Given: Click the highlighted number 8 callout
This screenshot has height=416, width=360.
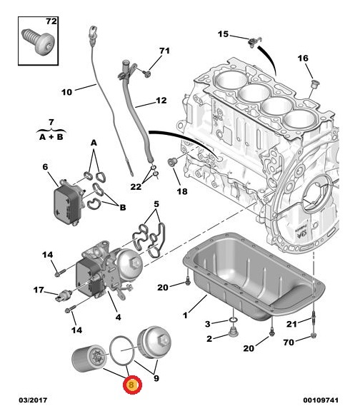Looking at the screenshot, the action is click(132, 385).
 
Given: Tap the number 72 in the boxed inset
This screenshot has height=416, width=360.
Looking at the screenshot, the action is click(51, 21).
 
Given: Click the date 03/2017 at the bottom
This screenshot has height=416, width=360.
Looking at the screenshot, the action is click(33, 400).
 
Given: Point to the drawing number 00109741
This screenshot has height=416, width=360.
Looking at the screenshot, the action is click(321, 400).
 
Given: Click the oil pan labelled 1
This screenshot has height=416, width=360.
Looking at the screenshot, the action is click(254, 276).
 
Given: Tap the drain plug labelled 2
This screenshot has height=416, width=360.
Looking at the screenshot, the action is click(233, 332).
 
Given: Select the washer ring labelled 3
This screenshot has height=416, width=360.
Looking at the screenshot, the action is click(233, 320).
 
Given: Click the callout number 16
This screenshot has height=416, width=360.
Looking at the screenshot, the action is click(303, 58).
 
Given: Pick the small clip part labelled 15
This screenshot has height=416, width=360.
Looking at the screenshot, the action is click(254, 41).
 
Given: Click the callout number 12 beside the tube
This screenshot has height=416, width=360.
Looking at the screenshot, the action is click(161, 101).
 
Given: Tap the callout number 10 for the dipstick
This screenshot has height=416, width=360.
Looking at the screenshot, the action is click(66, 92).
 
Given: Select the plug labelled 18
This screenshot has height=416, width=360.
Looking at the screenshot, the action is click(171, 161).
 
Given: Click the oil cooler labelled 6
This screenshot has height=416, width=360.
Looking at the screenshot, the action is click(69, 202).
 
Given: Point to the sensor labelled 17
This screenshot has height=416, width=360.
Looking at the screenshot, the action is click(64, 295).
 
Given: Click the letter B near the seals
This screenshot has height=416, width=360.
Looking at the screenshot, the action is click(123, 207).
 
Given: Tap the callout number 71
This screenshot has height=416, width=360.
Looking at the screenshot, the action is click(164, 51).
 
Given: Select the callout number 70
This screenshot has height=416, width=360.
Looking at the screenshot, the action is click(289, 343).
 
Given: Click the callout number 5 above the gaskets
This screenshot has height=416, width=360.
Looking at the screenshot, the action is click(156, 204).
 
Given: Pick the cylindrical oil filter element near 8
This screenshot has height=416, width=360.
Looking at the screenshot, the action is click(89, 358).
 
